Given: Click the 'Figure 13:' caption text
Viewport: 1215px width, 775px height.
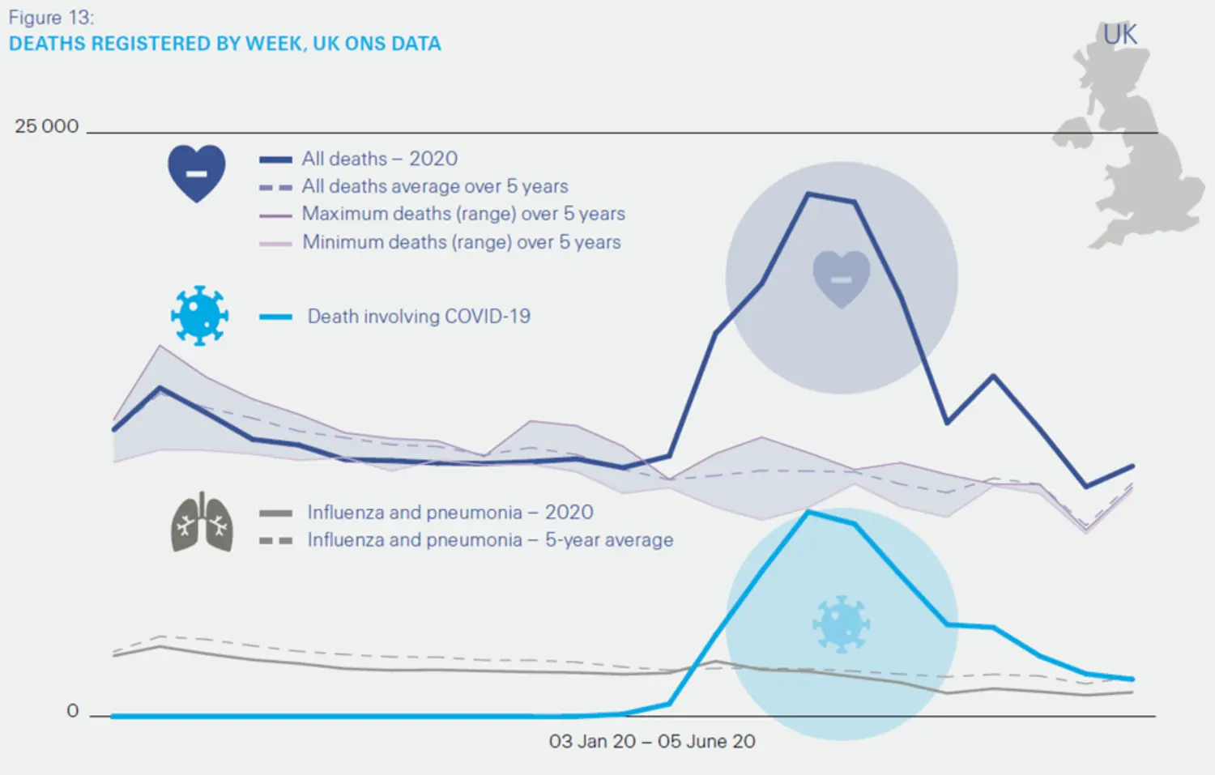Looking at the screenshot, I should pos(51,18).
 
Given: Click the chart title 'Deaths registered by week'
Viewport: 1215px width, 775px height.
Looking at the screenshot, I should pos(224,44).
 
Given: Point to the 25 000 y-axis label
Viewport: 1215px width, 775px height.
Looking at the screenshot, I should pos(46,126).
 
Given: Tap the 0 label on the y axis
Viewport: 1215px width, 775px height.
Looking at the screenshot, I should pos(73,711).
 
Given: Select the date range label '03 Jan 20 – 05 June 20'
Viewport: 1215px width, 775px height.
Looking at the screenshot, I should pos(651,741).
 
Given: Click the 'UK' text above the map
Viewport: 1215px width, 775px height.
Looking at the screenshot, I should pos(1120,35).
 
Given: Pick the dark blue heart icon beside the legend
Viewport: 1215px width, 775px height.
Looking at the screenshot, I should pos(197,172).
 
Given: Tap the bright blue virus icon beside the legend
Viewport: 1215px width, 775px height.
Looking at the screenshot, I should pos(199,315).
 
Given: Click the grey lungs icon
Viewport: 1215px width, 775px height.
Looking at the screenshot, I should pos(202,522).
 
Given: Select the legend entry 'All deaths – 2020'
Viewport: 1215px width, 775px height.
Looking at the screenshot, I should pos(379,159).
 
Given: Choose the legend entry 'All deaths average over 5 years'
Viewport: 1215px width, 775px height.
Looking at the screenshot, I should pos(434,186).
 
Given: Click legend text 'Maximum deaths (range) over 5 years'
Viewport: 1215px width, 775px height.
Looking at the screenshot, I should pos(463,214).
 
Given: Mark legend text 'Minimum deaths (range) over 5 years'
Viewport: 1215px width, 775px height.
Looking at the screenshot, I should pos(461,242).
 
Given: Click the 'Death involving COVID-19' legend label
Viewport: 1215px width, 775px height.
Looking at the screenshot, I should pos(418,316).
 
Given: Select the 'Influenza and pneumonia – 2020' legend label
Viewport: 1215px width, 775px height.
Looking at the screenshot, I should pos(450,513).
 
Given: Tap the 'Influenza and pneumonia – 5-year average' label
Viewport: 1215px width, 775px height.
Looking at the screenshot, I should pos(489,540).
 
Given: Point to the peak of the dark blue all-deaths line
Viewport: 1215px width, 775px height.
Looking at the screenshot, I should pos(808,194).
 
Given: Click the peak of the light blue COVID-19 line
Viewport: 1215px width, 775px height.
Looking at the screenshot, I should pos(808,512).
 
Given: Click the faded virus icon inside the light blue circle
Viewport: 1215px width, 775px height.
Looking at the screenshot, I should pos(841,624).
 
